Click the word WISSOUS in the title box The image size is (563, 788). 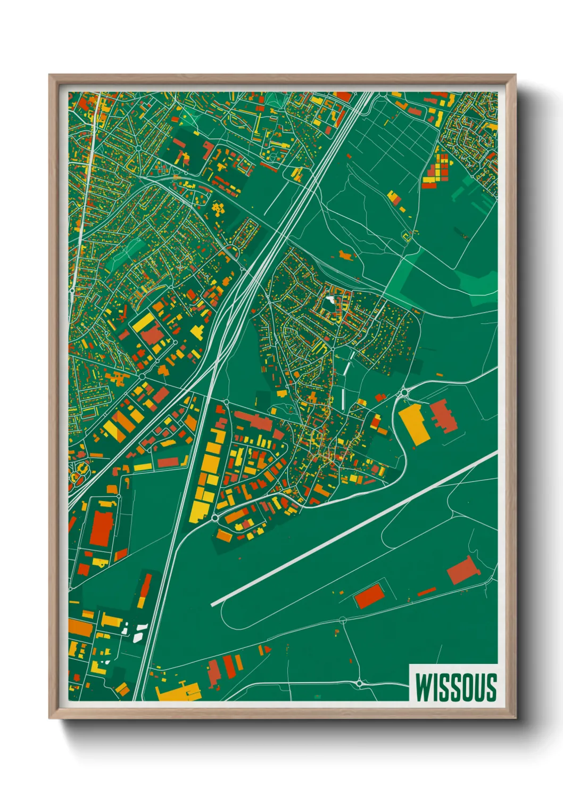coord(456,687)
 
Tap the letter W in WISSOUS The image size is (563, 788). coord(424,687)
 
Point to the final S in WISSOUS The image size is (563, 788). coord(491,687)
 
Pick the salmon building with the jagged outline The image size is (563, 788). coord(443,416)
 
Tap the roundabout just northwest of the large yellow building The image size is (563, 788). coord(403,393)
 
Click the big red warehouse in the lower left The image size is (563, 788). coord(101,528)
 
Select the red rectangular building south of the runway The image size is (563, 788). coord(369,595)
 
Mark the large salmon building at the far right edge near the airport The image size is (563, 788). coord(461,571)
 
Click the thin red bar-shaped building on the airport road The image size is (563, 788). coord(427,592)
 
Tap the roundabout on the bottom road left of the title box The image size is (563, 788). coord(359,683)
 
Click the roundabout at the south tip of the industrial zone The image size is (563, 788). coord(214,518)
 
